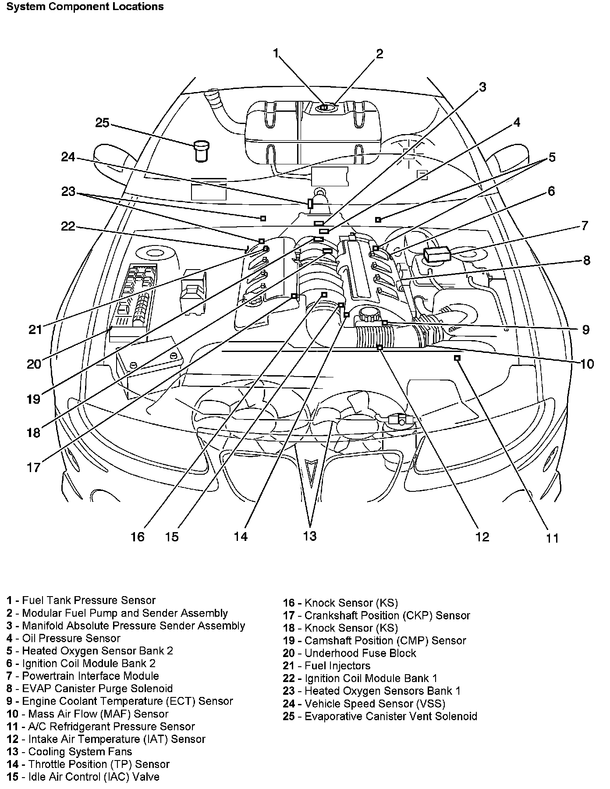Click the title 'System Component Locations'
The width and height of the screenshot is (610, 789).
(85, 7)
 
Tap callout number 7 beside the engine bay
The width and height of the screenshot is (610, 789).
(585, 226)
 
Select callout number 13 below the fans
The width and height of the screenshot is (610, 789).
(309, 536)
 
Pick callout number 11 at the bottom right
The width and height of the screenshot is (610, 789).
(553, 538)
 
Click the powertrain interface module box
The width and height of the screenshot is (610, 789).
(436, 254)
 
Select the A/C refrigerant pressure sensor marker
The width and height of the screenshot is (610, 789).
(457, 358)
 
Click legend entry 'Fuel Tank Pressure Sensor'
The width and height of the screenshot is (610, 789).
(82, 600)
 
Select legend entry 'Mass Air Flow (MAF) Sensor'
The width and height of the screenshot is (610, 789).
(87, 714)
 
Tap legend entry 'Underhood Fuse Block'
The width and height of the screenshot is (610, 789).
(350, 653)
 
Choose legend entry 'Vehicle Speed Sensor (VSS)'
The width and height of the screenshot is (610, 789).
(364, 704)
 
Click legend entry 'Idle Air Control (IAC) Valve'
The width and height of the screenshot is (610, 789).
(83, 777)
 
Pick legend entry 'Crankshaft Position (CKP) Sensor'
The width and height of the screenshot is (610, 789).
(376, 615)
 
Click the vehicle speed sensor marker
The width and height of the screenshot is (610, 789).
(310, 203)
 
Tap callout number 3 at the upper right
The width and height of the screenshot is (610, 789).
(482, 87)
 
